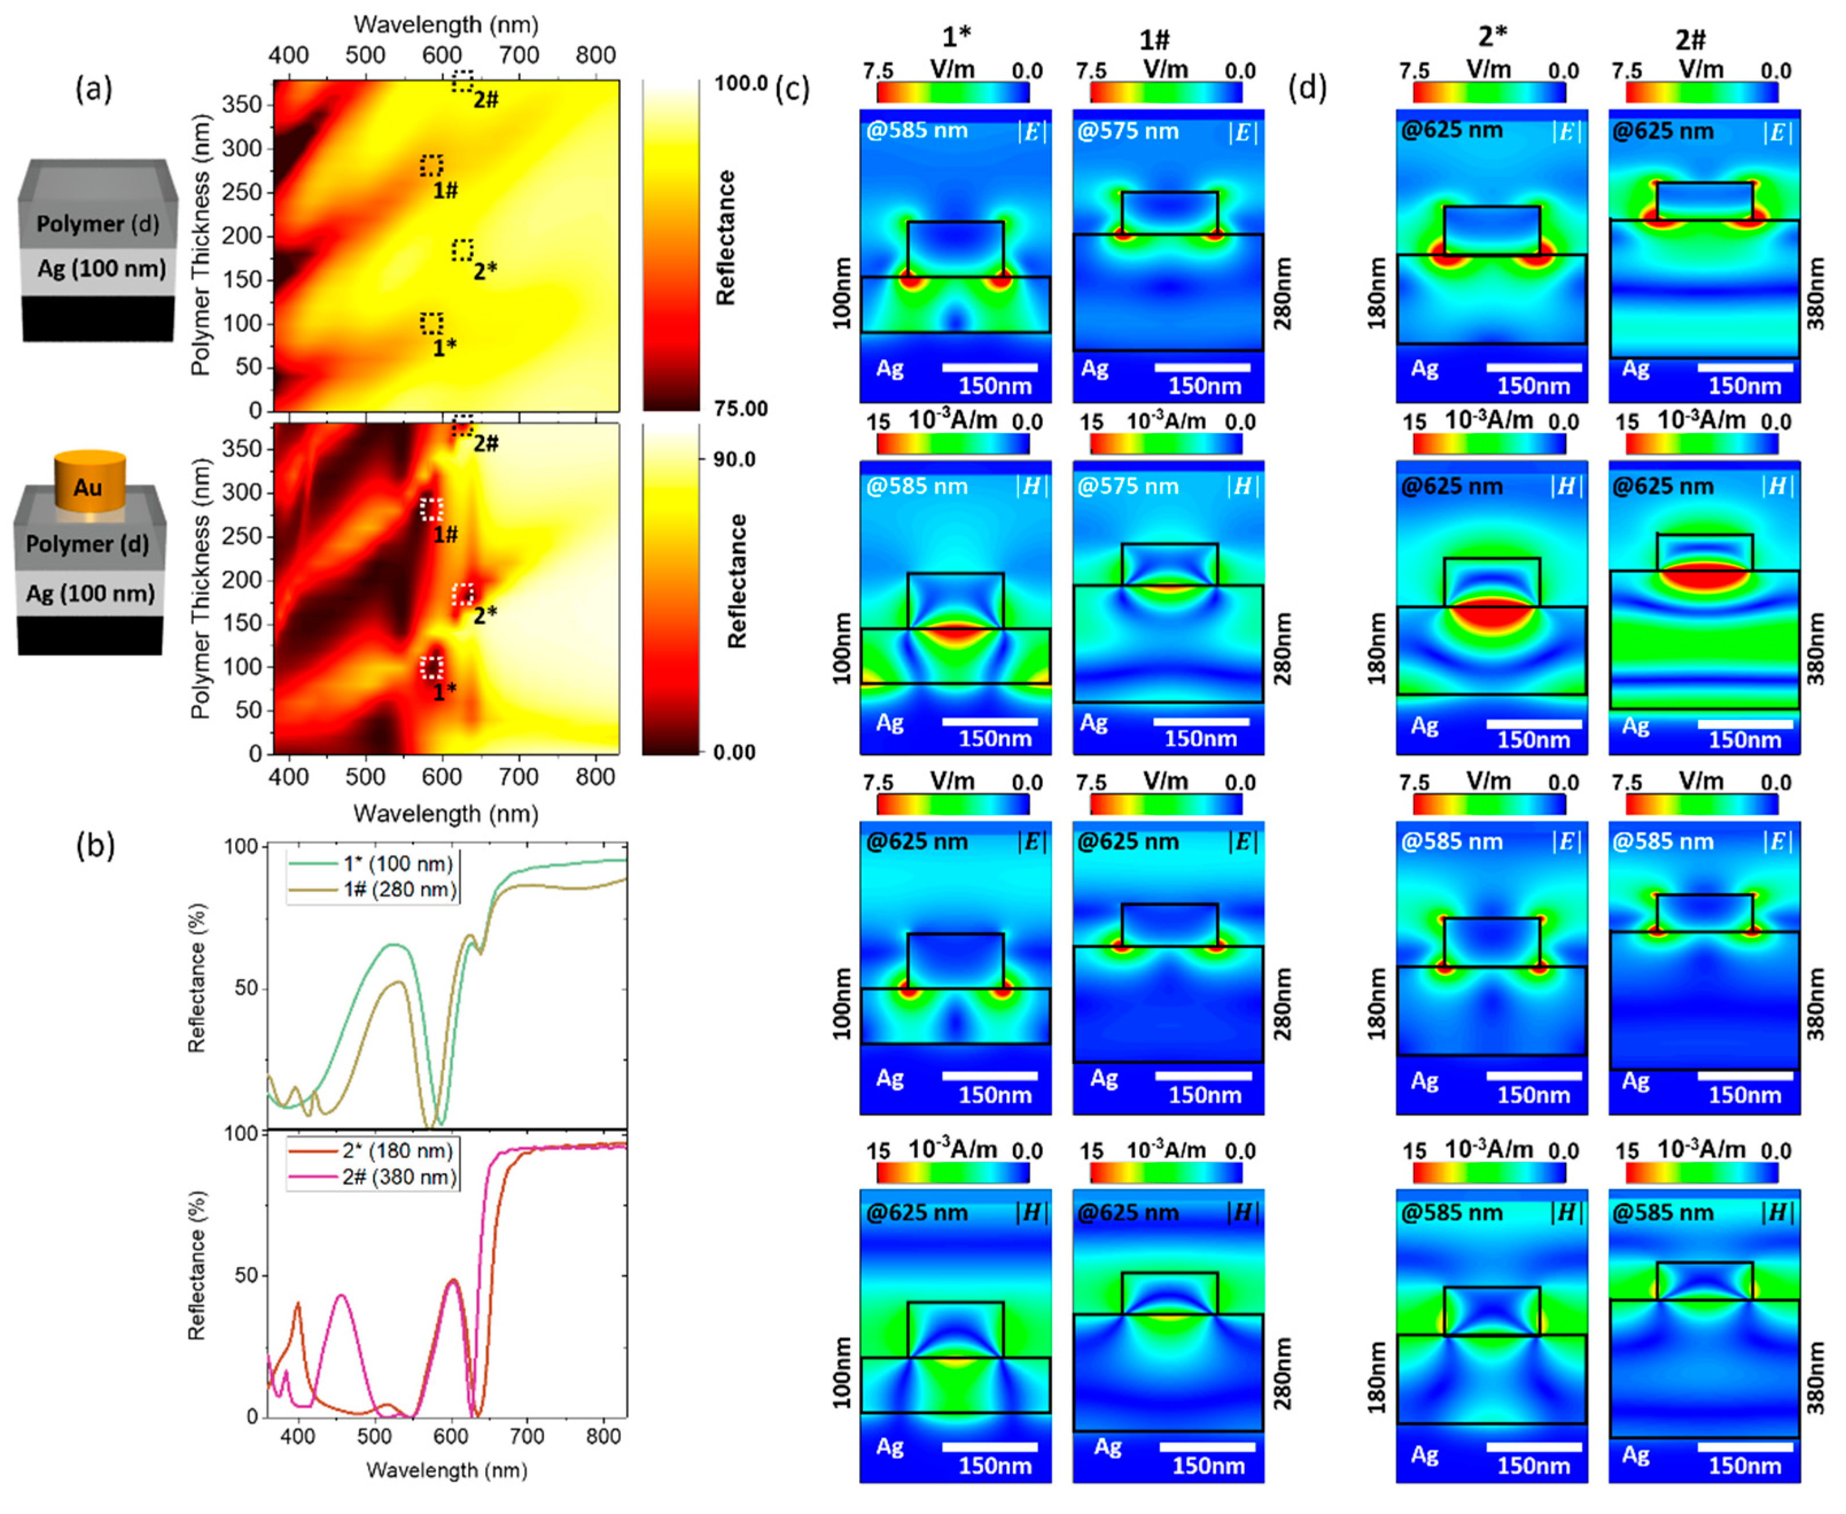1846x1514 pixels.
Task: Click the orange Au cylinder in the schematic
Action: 90,483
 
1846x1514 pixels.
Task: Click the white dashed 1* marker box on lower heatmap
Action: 431,668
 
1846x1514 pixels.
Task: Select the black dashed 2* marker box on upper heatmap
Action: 462,250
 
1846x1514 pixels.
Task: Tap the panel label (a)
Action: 94,88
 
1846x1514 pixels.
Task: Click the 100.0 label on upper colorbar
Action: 741,84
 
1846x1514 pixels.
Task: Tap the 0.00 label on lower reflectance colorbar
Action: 734,752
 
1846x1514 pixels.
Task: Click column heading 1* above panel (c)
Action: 957,37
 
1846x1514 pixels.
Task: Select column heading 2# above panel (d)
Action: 1691,39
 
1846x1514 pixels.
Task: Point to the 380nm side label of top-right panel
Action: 1816,293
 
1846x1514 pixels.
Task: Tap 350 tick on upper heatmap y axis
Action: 243,104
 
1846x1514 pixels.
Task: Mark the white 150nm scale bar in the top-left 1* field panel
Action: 990,367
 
